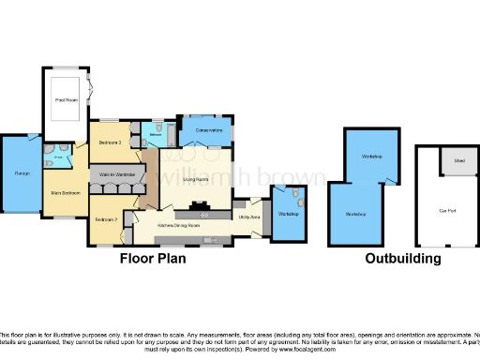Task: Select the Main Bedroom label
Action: [63, 193]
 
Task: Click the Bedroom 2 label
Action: [105, 219]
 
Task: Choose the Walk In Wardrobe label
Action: [114, 175]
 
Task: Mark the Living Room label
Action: [195, 178]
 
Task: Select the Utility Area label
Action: [249, 217]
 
